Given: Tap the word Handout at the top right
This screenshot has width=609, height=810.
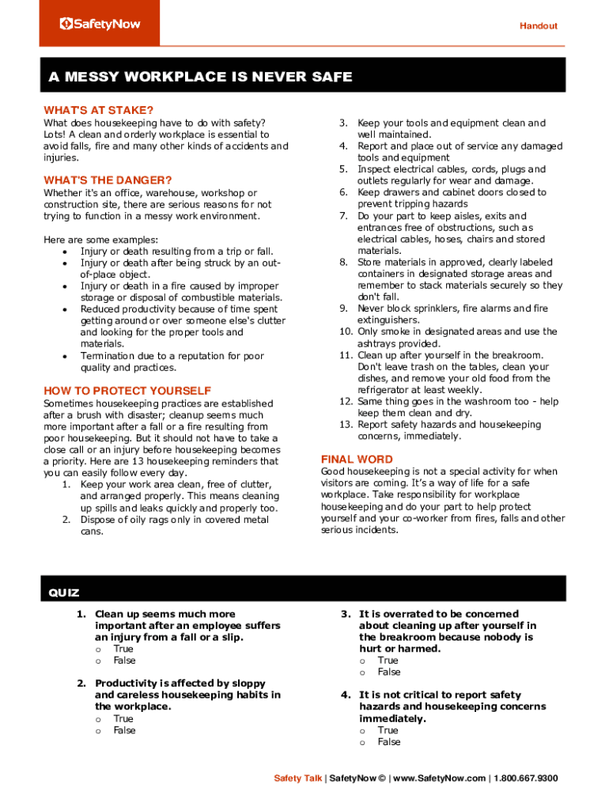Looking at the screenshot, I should [x=538, y=26].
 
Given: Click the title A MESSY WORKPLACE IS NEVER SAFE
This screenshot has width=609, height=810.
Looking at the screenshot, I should [x=200, y=77].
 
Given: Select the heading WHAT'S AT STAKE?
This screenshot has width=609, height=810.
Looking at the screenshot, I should [x=99, y=110].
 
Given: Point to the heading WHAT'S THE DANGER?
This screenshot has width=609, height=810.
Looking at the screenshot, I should [x=108, y=180].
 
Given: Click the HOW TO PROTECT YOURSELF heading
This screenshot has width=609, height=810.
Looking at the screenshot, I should [x=127, y=390].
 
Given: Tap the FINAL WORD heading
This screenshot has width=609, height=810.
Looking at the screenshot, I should [x=357, y=459].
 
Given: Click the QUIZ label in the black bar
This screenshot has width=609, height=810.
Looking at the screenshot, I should [x=64, y=592].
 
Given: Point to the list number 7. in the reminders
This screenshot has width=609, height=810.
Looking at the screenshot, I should [x=344, y=216].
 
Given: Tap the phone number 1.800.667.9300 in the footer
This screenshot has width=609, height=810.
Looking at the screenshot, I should [x=526, y=778].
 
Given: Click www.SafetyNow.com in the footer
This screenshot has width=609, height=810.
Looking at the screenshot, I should [x=439, y=778].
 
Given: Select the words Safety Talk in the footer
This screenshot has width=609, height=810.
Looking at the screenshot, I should [x=298, y=778].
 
